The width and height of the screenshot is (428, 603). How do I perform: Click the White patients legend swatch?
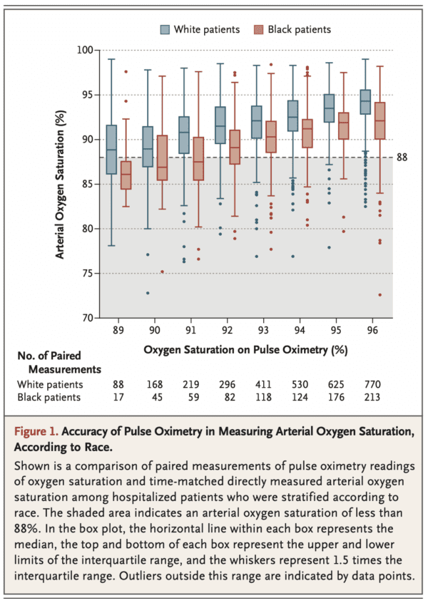click(x=165, y=29)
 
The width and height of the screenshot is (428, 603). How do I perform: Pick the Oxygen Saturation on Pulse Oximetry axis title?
click(x=245, y=350)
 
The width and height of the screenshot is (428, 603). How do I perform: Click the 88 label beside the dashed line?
click(x=402, y=157)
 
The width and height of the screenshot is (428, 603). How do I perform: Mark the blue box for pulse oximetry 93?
click(x=257, y=122)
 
